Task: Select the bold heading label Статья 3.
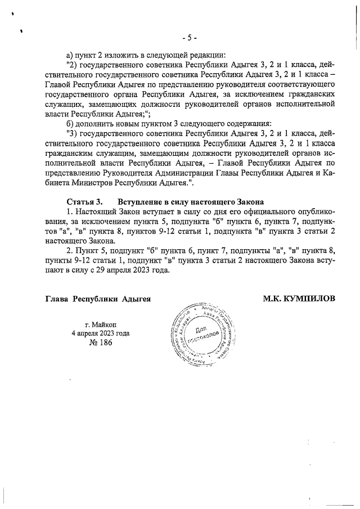(84, 201)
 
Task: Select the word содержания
(247, 123)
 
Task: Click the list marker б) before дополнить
(70, 123)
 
